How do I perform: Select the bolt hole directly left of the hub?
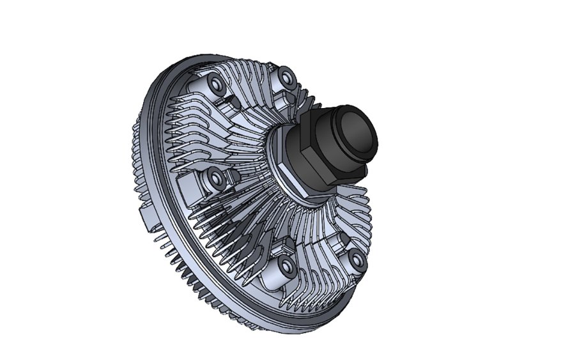tap(215, 177)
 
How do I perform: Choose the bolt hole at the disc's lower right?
tap(356, 258)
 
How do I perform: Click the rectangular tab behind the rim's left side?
tap(146, 214)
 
